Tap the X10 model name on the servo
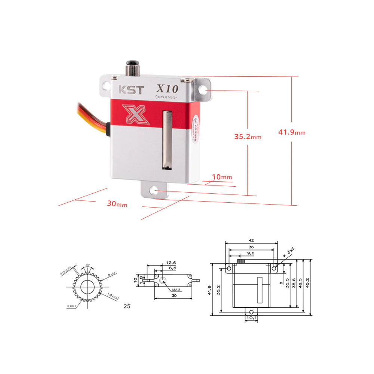(168, 89)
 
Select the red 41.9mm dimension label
(292, 132)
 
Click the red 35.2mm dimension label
(248, 137)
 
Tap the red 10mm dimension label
(222, 177)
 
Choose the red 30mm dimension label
(117, 204)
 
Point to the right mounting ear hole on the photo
(203, 90)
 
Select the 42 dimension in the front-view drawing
(251, 240)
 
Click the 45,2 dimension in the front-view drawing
(307, 285)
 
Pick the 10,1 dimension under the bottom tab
(251, 318)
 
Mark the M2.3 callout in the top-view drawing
(177, 290)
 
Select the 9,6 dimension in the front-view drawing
(251, 253)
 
